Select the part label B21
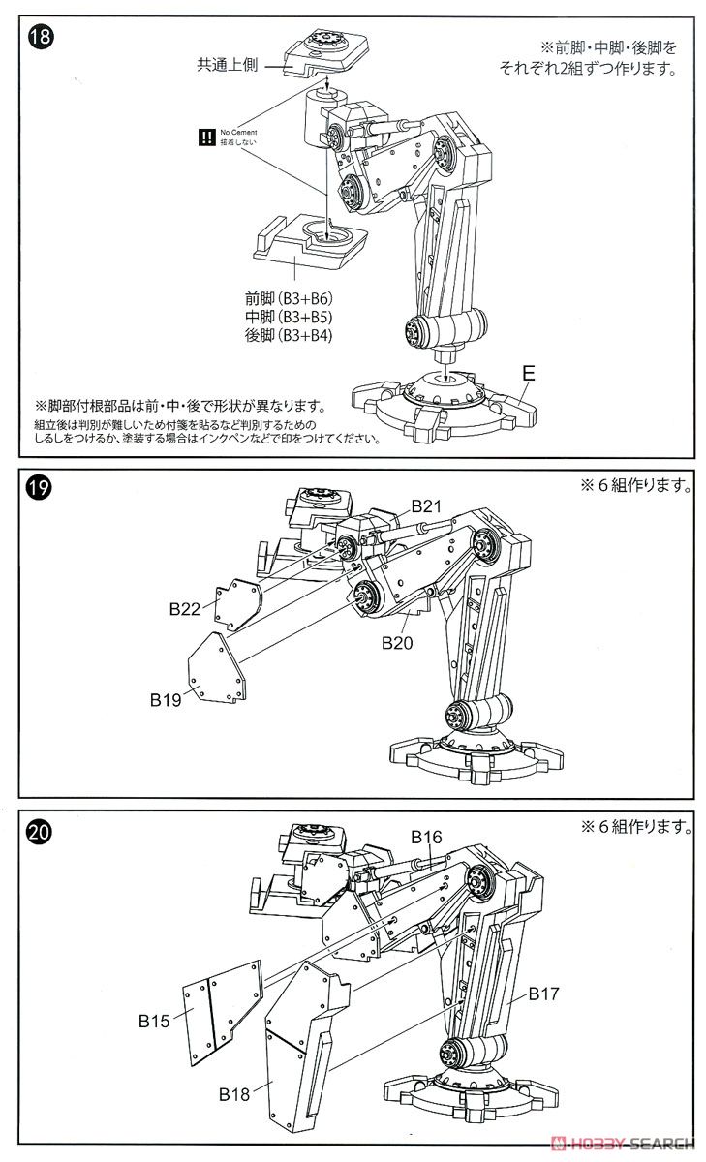426,506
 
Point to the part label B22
184,609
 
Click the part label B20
398,642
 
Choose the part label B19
167,698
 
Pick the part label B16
426,837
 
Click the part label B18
234,1095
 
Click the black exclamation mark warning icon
205,138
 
